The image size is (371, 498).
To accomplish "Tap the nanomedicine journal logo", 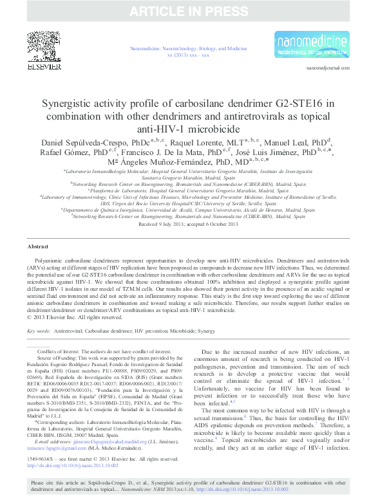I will click(312, 44).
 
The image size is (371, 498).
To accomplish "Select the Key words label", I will click(40, 331).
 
